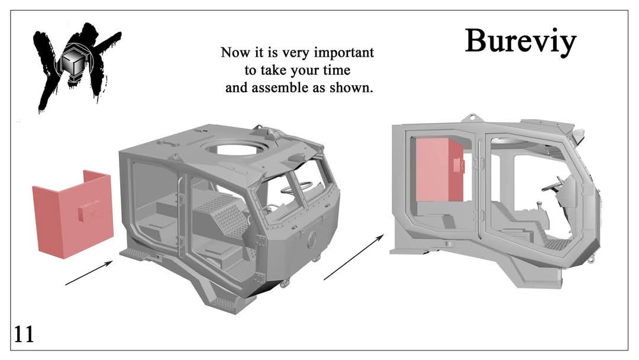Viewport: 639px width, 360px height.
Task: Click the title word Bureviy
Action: click(521, 41)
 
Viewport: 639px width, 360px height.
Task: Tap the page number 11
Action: click(24, 334)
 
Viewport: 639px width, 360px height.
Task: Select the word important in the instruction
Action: click(343, 53)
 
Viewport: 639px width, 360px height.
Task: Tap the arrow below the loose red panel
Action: click(89, 273)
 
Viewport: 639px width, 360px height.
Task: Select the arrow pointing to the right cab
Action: click(354, 257)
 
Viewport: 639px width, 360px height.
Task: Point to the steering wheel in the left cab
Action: click(298, 188)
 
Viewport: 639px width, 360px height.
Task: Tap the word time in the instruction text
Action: click(337, 70)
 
